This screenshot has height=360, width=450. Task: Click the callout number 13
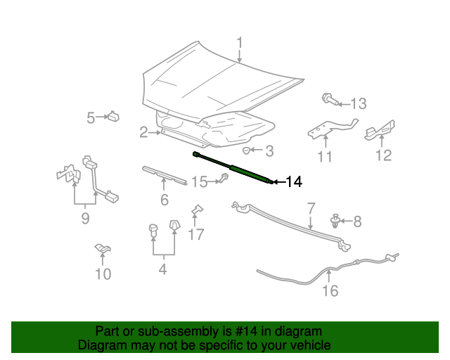358,104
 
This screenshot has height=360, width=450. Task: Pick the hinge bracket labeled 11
330,130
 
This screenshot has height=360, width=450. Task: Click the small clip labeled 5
113,116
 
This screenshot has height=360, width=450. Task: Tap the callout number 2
143,131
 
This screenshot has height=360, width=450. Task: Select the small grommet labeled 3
247,150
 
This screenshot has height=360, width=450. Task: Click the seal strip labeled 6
164,175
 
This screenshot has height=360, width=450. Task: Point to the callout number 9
84,219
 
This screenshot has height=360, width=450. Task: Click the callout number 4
162,269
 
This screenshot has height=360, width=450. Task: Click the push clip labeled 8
335,223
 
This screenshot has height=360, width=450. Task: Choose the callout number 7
310,207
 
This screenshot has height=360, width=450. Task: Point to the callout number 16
330,290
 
